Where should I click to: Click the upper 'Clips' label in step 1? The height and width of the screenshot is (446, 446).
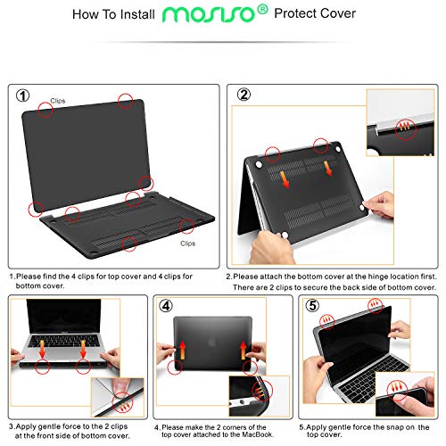[x=58, y=102]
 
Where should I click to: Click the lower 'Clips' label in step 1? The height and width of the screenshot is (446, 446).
[x=188, y=243]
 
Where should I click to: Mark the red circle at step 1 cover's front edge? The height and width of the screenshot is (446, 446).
[x=131, y=242]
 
